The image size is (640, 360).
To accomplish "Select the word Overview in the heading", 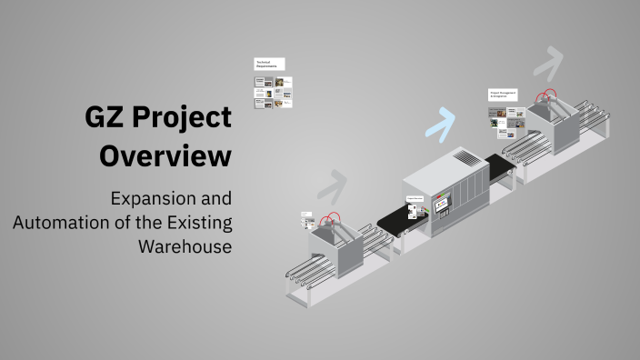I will pyautogui.click(x=165, y=155).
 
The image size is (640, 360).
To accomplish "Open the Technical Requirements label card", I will pyautogui.click(x=270, y=65).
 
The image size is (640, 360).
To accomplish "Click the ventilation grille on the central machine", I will pyautogui.click(x=465, y=158).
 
